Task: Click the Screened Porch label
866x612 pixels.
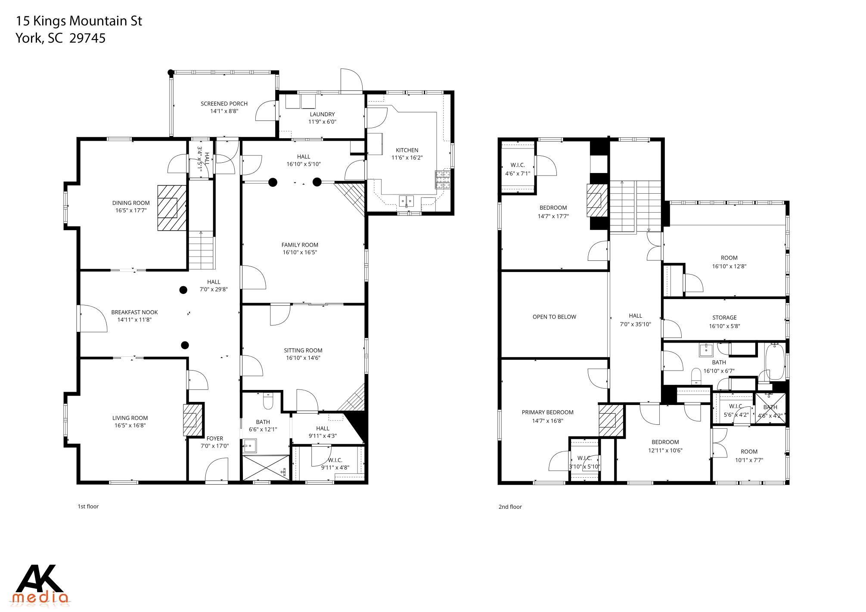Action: point(224,103)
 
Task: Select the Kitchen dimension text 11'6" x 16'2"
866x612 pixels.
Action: point(407,158)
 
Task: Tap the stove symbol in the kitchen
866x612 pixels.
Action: point(443,180)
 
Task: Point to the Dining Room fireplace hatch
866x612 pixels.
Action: point(172,208)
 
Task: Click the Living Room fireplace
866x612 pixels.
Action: point(192,420)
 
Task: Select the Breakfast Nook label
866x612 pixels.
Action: point(134,312)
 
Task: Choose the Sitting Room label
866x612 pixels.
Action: point(303,350)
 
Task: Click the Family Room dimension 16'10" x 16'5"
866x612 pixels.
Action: point(300,253)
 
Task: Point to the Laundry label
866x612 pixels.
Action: point(322,114)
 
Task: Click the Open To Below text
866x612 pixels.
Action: point(554,317)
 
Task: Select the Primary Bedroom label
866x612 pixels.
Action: point(547,412)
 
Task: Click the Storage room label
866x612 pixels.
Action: point(724,318)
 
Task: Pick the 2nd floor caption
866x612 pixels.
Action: point(510,507)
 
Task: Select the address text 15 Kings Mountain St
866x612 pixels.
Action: point(79,21)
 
